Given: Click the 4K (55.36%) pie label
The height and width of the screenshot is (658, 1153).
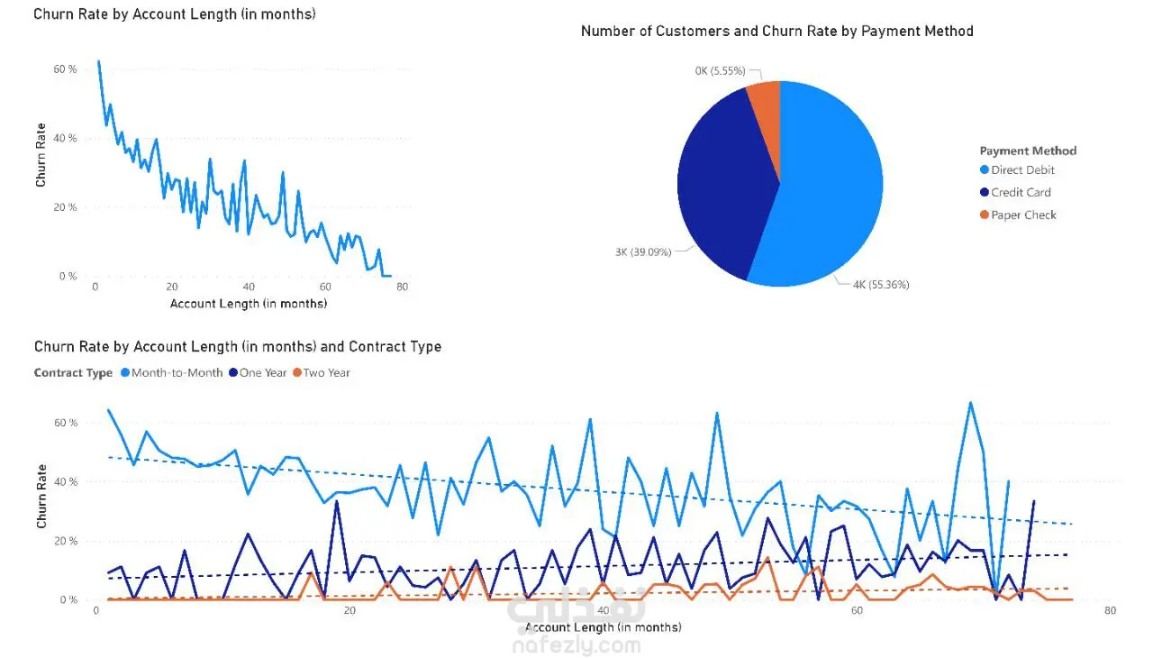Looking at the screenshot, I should click(x=881, y=285).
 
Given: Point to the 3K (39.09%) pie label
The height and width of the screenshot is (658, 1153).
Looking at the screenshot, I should click(x=643, y=252).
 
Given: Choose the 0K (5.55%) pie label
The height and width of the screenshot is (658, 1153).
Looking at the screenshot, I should click(x=720, y=70).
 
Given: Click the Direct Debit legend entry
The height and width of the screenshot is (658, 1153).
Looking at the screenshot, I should click(x=1022, y=170).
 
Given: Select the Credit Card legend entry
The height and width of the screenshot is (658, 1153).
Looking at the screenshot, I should click(x=1021, y=192).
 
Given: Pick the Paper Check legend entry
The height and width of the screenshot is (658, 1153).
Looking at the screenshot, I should click(x=1023, y=215).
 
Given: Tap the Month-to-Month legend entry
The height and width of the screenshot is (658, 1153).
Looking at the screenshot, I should click(x=177, y=372).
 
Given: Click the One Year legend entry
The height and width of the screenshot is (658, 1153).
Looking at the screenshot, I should click(x=263, y=372).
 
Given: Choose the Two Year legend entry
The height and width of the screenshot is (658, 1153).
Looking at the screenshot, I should click(x=326, y=372).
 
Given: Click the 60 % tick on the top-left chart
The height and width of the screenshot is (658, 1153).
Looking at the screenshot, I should click(x=65, y=69).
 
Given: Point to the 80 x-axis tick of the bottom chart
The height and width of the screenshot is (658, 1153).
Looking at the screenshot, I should click(x=1110, y=610).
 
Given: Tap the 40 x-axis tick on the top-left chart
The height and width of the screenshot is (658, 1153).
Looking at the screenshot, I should click(x=249, y=288).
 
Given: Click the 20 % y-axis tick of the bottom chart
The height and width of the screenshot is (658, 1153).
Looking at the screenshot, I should click(x=66, y=541).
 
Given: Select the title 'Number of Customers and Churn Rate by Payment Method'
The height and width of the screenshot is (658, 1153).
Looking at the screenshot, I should click(x=776, y=32).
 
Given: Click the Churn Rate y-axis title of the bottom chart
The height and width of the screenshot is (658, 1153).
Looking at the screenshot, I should click(x=42, y=497).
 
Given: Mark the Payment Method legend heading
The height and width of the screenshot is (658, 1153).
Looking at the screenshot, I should click(x=1028, y=151).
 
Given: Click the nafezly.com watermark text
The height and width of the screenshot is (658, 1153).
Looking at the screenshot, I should click(x=576, y=645).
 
